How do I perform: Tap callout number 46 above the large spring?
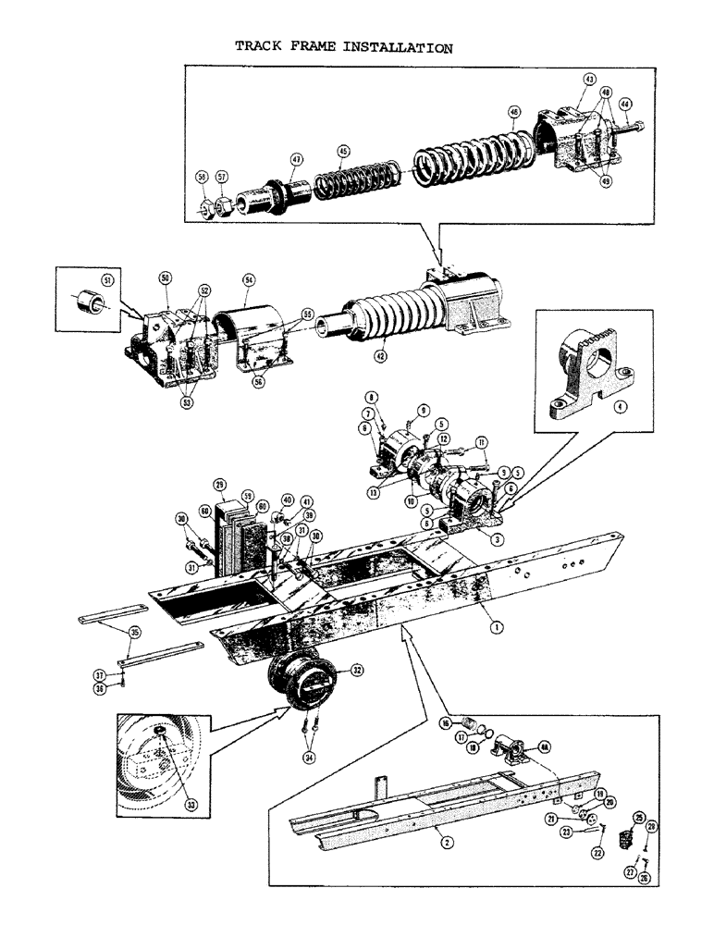(x=513, y=113)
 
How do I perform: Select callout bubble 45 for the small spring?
(x=343, y=151)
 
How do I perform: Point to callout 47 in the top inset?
(x=297, y=160)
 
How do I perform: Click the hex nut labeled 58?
(x=203, y=206)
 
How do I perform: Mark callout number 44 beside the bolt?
(x=625, y=104)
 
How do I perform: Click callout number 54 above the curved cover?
(x=249, y=278)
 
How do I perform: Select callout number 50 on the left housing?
(x=166, y=277)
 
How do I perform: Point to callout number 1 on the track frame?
(x=497, y=626)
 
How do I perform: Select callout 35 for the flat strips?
(x=136, y=635)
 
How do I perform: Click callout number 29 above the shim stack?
(x=219, y=484)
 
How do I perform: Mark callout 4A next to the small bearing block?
(x=545, y=746)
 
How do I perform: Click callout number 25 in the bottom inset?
(x=637, y=816)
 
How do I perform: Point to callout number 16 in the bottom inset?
(x=445, y=723)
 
